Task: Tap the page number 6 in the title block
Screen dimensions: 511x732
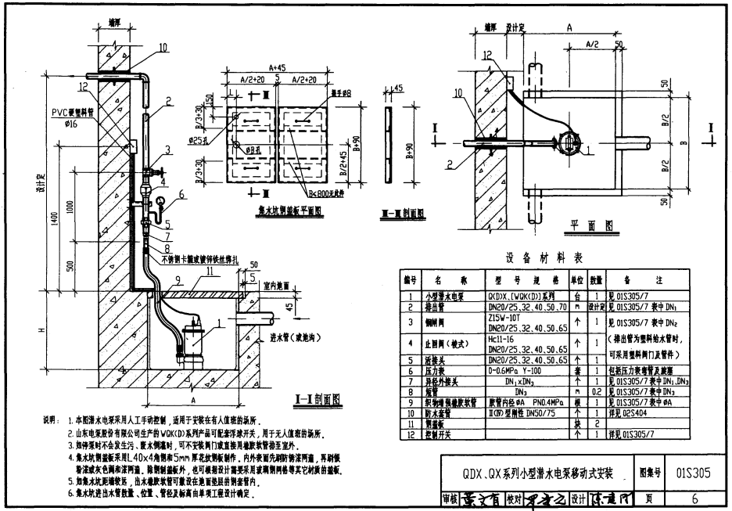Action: tap(694, 498)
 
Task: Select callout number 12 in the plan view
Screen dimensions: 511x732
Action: tap(486, 56)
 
